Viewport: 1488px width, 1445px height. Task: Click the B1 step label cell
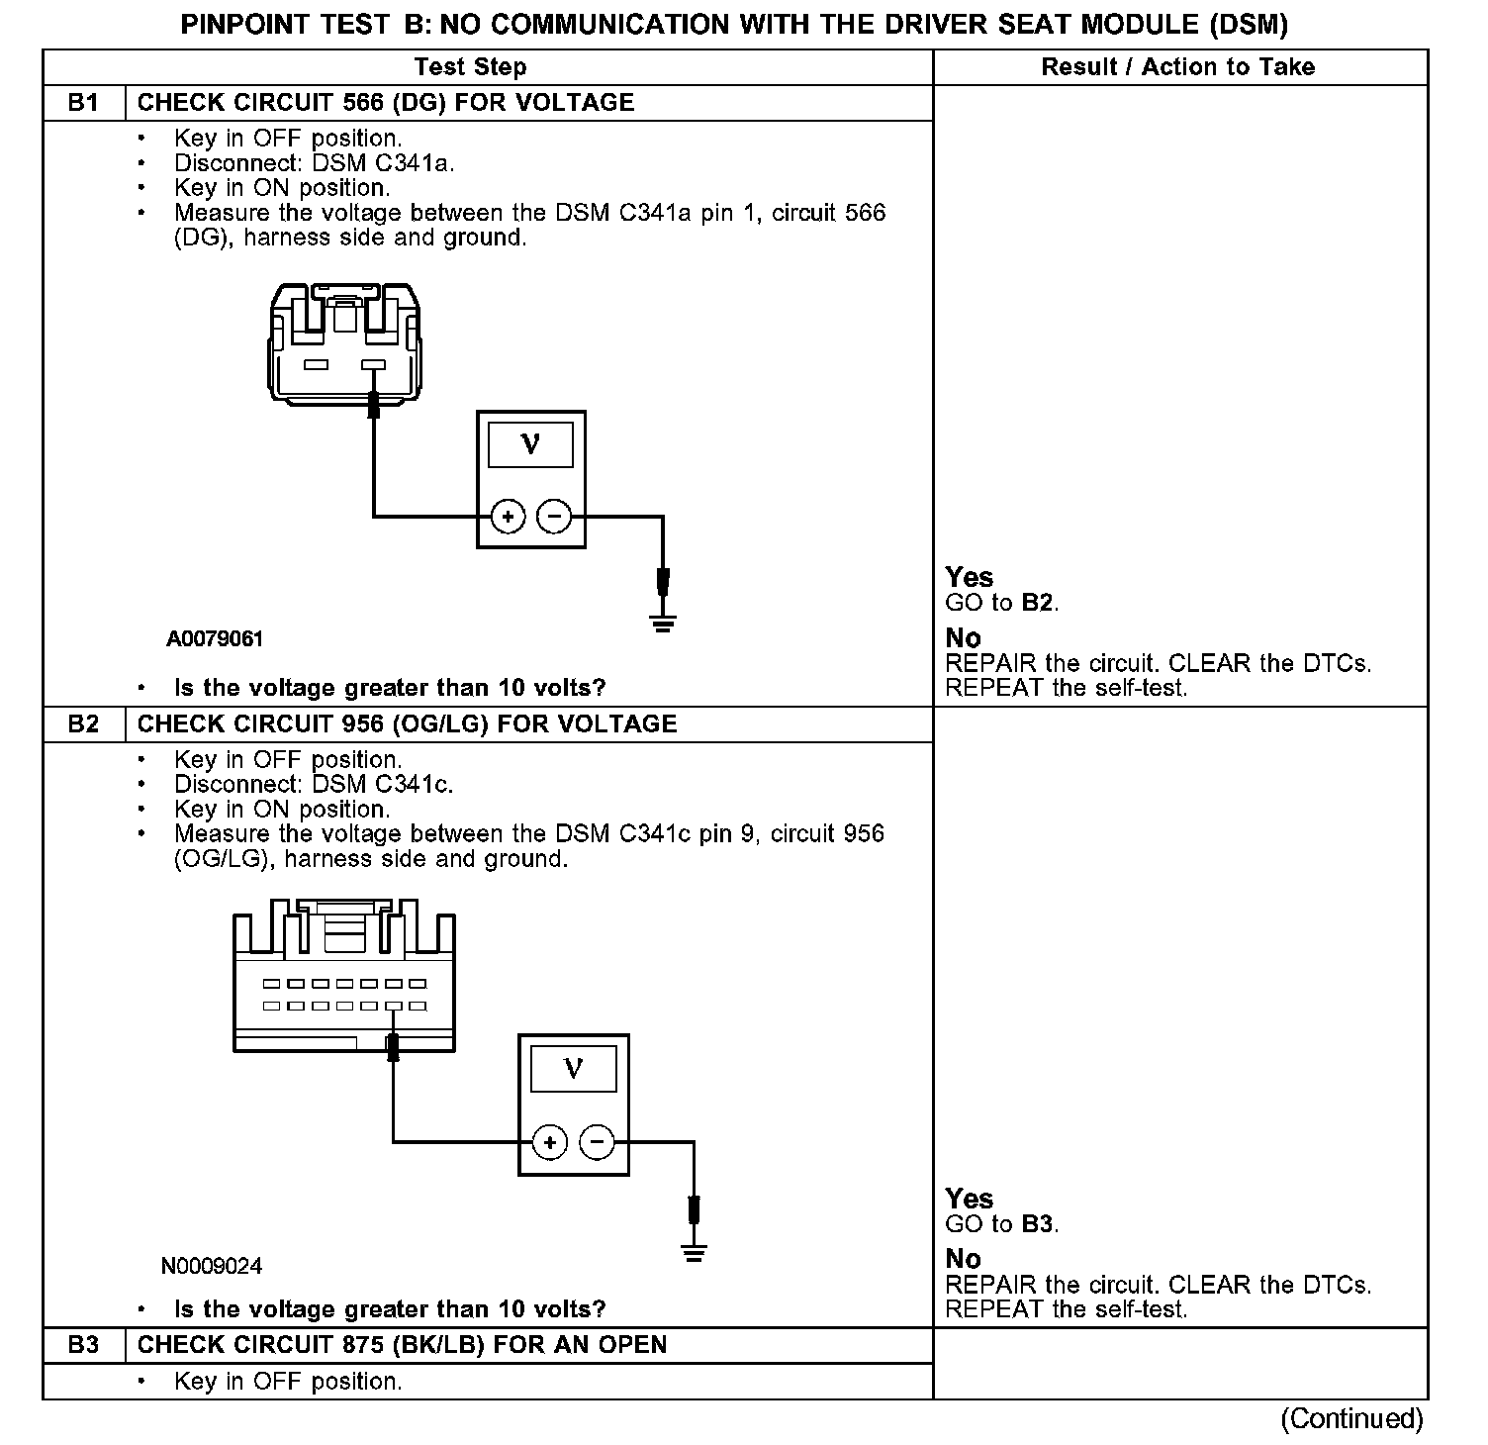click(x=84, y=103)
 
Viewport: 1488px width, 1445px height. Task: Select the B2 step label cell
click(x=84, y=723)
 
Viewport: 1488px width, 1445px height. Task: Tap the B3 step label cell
click(x=84, y=1345)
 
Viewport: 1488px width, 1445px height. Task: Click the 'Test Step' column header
click(x=470, y=67)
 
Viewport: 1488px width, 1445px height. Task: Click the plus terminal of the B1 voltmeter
click(x=508, y=516)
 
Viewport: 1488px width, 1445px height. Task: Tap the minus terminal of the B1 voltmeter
click(x=554, y=516)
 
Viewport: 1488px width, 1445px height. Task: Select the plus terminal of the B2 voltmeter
click(x=550, y=1142)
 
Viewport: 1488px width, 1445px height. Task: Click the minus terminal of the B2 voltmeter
click(x=597, y=1142)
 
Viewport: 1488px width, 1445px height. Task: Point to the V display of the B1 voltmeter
click(x=530, y=445)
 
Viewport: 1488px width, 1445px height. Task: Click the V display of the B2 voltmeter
click(x=573, y=1069)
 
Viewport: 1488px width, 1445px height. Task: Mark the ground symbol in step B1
click(x=663, y=623)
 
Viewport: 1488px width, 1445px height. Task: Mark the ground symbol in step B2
click(x=695, y=1253)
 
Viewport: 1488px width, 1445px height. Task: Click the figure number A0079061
click(x=215, y=639)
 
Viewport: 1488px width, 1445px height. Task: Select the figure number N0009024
click(x=212, y=1266)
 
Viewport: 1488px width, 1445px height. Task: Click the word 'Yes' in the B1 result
click(x=970, y=577)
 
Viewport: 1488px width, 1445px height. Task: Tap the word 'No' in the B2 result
click(x=963, y=1259)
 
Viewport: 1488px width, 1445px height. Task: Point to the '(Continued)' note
click(x=1351, y=1418)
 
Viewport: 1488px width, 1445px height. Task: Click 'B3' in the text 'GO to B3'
click(x=1037, y=1224)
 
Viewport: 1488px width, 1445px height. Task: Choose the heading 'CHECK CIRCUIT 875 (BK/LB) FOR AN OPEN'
click(x=402, y=1345)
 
